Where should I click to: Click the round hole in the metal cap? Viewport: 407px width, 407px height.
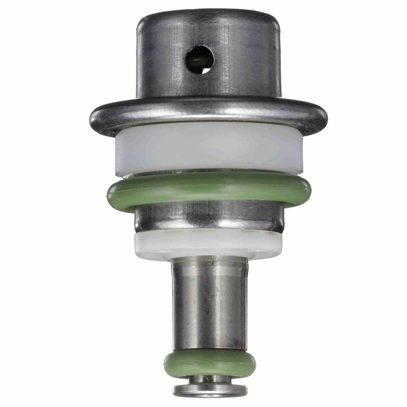click(x=200, y=60)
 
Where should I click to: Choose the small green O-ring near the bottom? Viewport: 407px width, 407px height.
click(x=209, y=362)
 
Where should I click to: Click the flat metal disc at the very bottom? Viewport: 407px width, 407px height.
click(x=210, y=390)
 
